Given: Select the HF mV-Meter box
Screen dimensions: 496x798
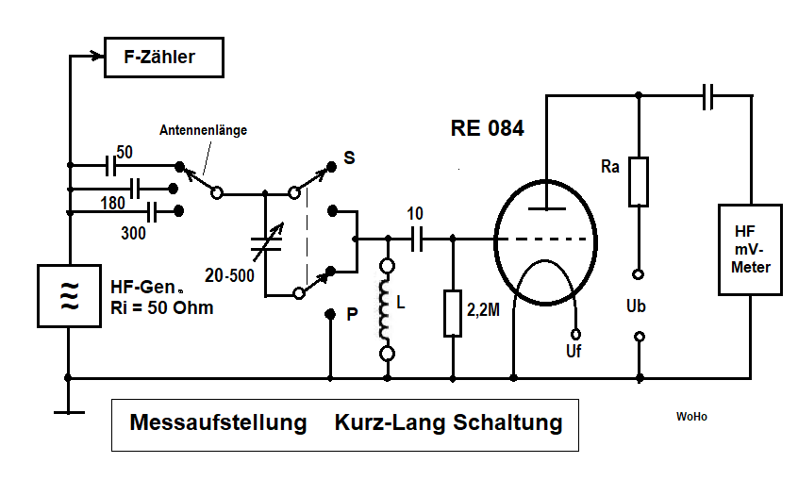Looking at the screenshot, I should pos(751,250).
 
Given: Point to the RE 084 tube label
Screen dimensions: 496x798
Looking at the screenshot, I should pos(487,129).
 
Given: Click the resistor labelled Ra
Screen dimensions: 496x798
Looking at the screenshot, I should pos(639,182).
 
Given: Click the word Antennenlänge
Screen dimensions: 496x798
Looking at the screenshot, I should pos(203,131).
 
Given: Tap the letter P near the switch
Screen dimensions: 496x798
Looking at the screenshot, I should pos(352,315).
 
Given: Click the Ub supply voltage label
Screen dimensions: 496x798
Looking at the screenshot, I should pos(638,306).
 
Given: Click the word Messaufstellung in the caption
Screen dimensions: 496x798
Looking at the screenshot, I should pos(218,422).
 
